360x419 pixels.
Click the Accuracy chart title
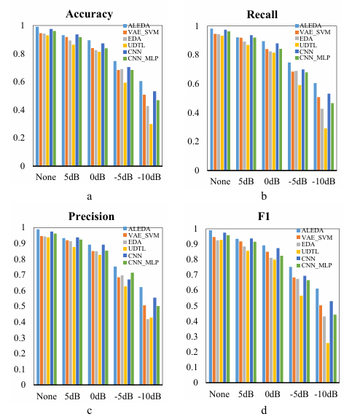pos(89,15)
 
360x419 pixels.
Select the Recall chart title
pos(262,15)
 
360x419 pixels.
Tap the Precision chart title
pos(91,216)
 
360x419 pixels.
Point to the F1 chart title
pos(264,216)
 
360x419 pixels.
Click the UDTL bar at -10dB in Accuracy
pos(151,145)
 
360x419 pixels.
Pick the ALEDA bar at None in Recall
pos(211,99)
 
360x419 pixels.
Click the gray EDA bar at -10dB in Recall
pos(322,139)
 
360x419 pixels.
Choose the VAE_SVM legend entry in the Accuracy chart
pos(141,32)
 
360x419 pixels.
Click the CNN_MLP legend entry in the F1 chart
pos(314,265)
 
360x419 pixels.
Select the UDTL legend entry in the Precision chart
pos(134,248)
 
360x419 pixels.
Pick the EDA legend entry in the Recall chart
pos(304,39)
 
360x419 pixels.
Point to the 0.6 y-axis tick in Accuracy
pos(19,81)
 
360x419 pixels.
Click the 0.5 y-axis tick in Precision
pos(20,306)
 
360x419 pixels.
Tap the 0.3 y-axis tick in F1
pos(192,337)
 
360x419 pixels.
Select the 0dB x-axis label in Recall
pos(272,181)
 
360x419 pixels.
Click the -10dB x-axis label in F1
pos(326,394)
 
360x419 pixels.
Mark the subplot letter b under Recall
pos(264,196)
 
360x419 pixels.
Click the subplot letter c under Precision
pos(89,411)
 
